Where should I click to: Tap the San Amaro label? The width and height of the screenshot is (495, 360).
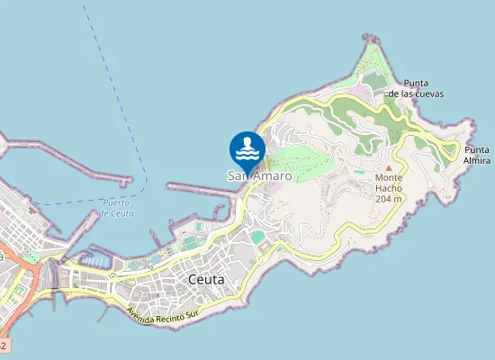tap(259, 176)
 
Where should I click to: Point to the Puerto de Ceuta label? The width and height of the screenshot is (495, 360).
tap(117, 208)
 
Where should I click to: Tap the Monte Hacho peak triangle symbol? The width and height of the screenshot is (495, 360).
tap(389, 168)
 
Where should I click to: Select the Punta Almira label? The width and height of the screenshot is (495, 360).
tap(477, 155)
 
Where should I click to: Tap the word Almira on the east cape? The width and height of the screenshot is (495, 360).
tap(477, 160)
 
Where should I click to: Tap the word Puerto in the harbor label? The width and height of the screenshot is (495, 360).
tap(117, 202)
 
